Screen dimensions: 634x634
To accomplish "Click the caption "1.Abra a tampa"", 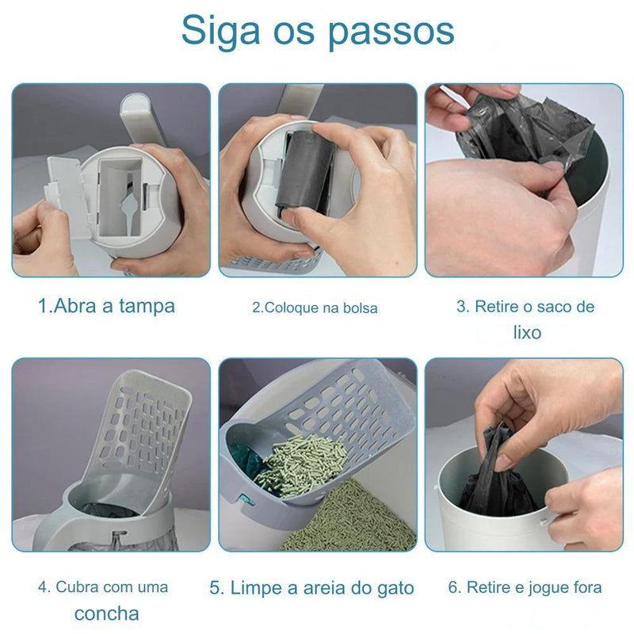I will point(106,306).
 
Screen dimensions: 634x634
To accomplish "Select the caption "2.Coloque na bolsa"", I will point(315,307).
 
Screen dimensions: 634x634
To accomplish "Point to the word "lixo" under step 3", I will point(525,332).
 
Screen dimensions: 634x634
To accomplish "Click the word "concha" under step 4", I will point(107,613).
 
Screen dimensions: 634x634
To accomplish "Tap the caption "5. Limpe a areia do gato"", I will point(311,588).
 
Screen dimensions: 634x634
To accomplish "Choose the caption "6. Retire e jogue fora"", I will point(525,587).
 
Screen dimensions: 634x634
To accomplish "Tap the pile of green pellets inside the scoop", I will point(300,464).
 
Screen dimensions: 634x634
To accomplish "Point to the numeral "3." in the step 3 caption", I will point(463,307).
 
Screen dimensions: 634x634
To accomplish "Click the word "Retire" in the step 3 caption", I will point(496,307).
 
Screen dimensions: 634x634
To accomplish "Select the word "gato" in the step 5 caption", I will point(394,588).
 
